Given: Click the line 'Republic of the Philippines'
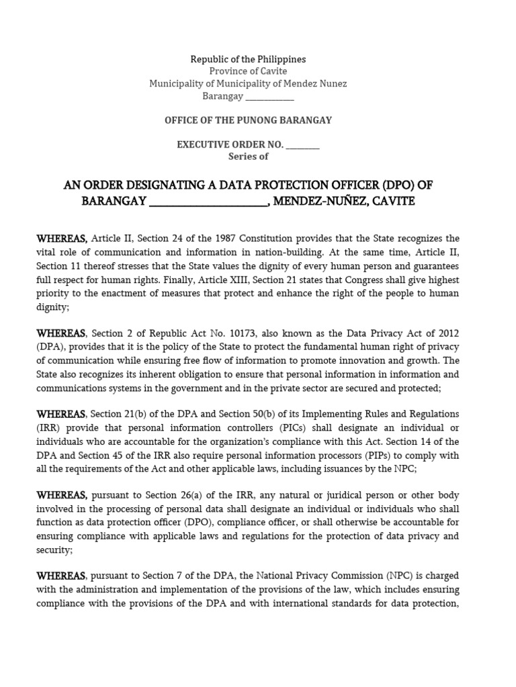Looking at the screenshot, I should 248,60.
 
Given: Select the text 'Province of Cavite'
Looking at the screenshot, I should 248,72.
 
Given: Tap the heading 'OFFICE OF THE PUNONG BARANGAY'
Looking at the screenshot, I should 248,120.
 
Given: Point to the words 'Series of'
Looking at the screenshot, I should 248,156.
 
